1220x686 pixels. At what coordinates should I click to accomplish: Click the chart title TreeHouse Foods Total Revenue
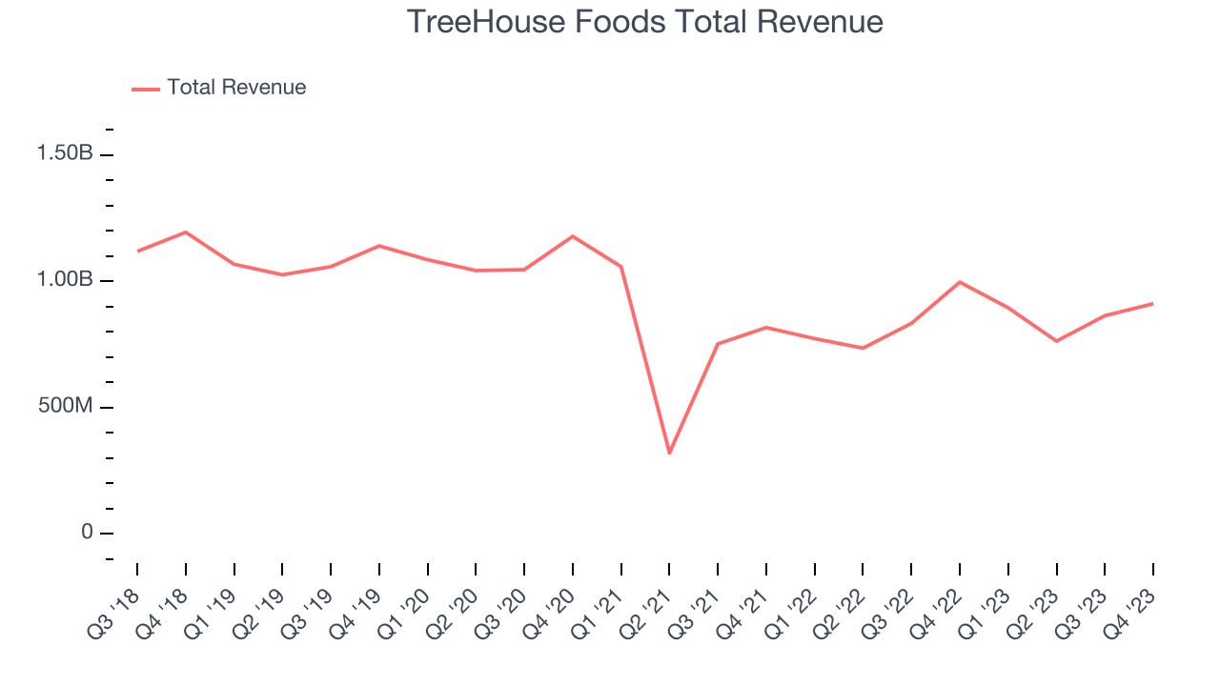[644, 21]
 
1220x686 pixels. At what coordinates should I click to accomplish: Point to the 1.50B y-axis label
[65, 153]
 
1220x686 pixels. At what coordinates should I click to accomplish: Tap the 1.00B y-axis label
[65, 280]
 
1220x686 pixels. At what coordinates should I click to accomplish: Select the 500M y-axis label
[65, 407]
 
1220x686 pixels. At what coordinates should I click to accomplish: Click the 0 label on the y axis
[87, 533]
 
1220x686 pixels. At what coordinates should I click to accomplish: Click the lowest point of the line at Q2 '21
[669, 453]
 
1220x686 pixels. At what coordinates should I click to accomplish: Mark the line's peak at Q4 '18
[185, 232]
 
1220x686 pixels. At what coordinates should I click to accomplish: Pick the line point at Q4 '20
[573, 236]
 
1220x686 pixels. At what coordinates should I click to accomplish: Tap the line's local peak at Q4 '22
[960, 282]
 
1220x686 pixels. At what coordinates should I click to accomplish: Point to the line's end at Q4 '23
[1153, 304]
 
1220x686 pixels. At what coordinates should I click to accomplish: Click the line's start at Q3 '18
[137, 252]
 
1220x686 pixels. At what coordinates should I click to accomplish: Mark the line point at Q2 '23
[1056, 341]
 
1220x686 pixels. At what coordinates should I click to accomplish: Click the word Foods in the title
[615, 21]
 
